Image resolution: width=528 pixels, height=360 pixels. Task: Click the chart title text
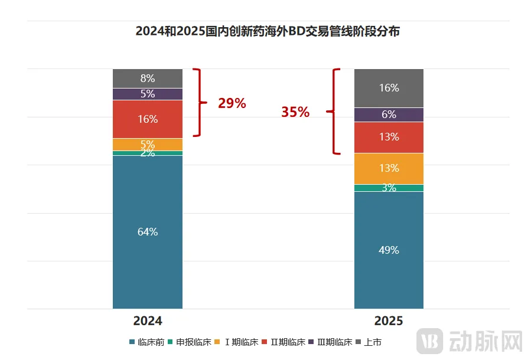pos(267,31)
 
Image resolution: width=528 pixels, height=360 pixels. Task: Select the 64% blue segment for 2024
pos(148,232)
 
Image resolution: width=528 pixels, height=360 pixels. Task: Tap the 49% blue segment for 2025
pos(389,250)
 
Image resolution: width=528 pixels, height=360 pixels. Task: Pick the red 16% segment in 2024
pos(148,119)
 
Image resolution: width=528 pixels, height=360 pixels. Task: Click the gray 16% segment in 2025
pos(389,88)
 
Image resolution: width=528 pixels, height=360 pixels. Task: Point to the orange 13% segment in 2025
pos(389,168)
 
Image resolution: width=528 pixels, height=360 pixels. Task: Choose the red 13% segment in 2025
pos(389,137)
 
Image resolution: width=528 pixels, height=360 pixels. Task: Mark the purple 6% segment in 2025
pos(389,114)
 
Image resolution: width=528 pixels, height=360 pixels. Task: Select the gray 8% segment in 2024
pos(148,78)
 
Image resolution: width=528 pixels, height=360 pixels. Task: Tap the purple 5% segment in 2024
pos(148,94)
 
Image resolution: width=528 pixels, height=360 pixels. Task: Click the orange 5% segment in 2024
pos(148,144)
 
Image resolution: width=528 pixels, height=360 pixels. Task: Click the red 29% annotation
pos(232,103)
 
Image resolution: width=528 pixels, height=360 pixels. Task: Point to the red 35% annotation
pos(295,112)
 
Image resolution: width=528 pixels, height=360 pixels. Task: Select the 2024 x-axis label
pos(148,321)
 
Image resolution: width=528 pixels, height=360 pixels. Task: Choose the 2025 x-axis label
pos(389,321)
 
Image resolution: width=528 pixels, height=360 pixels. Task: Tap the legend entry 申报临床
pos(190,342)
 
